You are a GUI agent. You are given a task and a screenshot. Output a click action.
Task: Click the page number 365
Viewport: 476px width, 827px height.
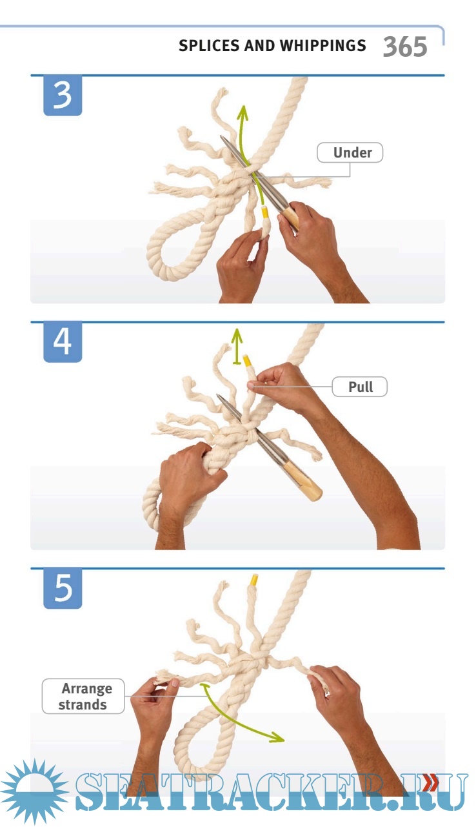pos(405,47)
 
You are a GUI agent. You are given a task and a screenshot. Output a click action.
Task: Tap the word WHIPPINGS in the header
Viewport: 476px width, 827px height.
pos(323,46)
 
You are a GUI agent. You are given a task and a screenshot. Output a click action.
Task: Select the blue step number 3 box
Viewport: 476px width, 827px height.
pos(63,96)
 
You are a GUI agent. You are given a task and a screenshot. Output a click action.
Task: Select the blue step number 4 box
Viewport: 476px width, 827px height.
pos(63,342)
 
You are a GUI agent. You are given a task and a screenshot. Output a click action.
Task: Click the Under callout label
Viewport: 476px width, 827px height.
pos(350,152)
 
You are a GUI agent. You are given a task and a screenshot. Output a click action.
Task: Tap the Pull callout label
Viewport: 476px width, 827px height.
pos(360,387)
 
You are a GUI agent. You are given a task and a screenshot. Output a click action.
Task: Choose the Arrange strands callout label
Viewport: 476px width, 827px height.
pos(83,696)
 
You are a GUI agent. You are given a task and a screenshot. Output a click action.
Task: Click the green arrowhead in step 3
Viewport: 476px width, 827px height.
pos(243,112)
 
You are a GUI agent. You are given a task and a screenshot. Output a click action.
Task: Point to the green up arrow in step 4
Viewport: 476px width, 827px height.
pos(237,346)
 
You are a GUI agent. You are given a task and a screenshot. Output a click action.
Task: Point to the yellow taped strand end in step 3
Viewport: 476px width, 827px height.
pos(264,214)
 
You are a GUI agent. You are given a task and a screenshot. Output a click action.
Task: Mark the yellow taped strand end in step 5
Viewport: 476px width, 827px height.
pos(254,580)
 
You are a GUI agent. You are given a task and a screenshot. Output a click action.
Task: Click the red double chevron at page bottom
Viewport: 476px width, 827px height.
pos(431,782)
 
